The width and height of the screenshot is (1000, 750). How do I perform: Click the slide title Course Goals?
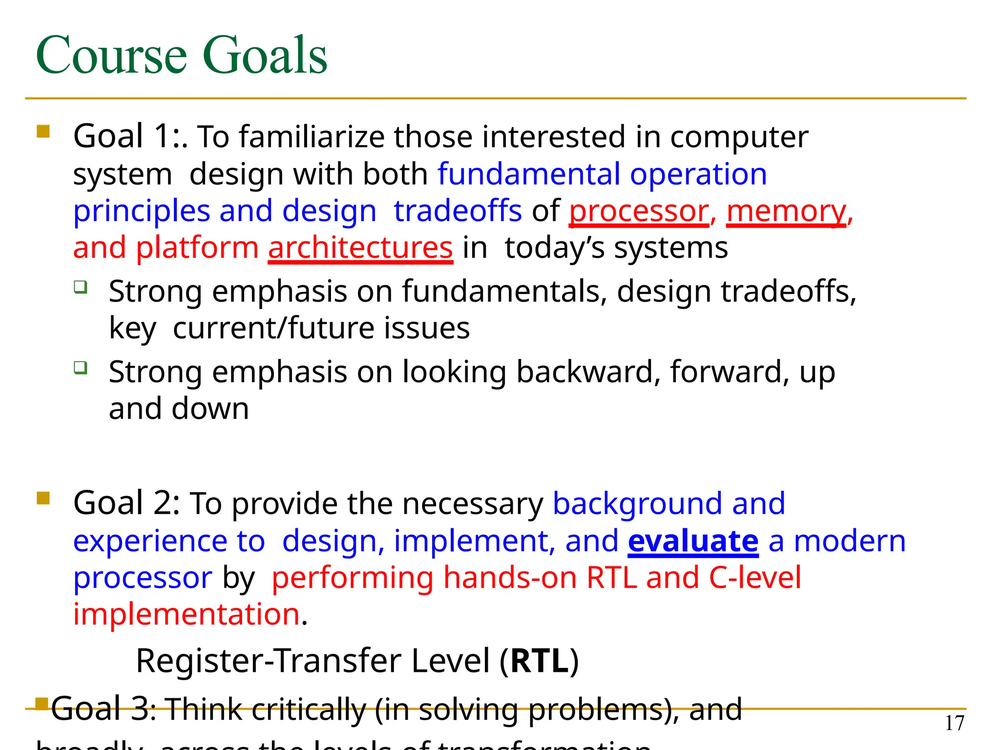181,55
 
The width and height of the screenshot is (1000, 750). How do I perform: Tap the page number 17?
955,723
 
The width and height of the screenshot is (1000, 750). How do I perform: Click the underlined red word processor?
639,211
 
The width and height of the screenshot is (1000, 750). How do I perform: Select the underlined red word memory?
786,211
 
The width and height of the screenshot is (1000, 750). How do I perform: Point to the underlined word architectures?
360,248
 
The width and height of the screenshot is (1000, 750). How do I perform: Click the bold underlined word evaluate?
693,541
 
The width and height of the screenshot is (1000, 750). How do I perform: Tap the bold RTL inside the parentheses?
540,661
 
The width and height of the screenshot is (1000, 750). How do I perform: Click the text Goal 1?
127,136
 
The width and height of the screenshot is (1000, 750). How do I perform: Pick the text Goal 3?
103,709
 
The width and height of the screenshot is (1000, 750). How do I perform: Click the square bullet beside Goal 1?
43,131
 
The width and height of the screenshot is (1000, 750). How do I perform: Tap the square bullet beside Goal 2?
43,498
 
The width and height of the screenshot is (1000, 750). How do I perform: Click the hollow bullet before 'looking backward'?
81,367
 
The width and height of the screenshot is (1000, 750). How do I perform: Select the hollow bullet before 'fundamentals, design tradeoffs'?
81,287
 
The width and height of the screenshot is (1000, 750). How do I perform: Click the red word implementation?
186,614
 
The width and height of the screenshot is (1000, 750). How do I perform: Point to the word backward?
585,372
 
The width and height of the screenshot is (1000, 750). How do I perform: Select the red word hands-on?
510,578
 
